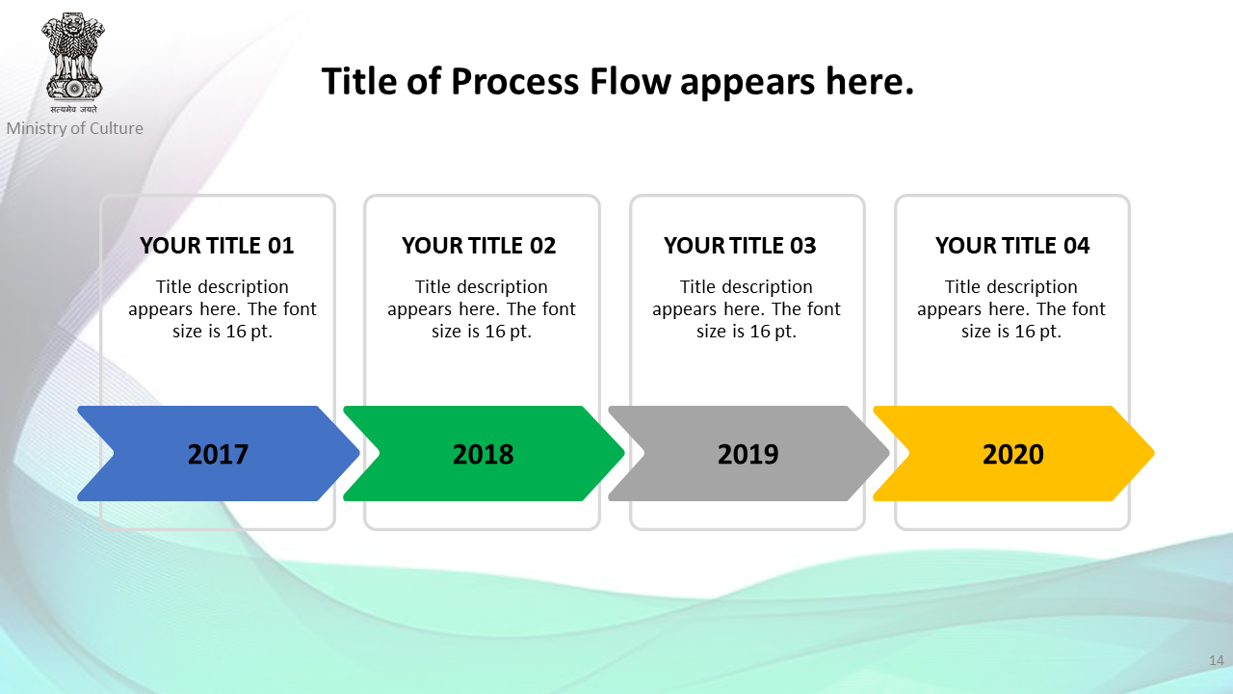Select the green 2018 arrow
coord(484,453)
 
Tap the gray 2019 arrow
coord(748,453)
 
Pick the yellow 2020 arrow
coord(1014,453)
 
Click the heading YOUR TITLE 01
coord(217,246)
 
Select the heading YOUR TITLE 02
coord(479,246)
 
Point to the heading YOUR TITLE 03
coord(740,246)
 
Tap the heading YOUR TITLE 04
coord(1012,246)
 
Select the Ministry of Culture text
coord(75,128)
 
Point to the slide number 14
coord(1217,660)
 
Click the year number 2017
coord(218,454)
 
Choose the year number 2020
coord(1013,454)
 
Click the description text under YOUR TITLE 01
coord(223,309)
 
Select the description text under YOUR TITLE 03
coord(747,309)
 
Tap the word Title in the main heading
coord(359,82)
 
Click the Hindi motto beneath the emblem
coord(74,109)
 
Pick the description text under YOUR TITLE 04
coord(1011,309)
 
